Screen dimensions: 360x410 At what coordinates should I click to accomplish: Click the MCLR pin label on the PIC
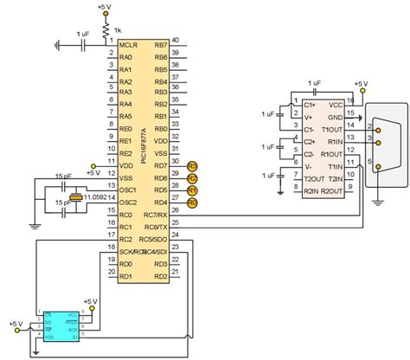pos(128,45)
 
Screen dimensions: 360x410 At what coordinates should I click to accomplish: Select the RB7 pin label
pos(160,45)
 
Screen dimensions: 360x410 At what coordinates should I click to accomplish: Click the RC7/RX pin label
pos(155,215)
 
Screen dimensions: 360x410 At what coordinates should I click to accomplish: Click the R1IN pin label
pos(334,144)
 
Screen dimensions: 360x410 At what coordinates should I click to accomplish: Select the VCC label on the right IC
pos(334,104)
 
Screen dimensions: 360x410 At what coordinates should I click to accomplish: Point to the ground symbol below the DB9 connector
pos(378,201)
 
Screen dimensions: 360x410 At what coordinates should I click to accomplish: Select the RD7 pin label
pos(160,165)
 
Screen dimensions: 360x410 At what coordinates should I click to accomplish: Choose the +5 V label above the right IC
pos(361,84)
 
